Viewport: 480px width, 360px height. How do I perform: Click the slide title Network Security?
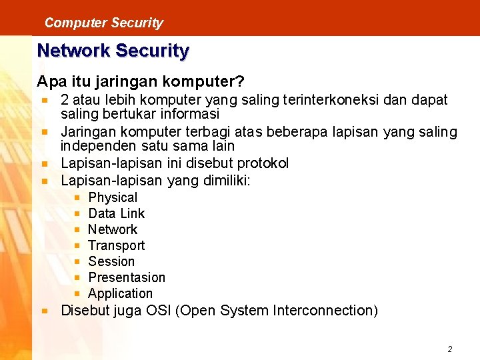tap(113, 51)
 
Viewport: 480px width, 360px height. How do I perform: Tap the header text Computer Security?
tap(103, 23)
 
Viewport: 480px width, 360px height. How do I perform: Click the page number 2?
tap(450, 349)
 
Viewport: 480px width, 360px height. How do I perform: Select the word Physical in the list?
tap(113, 197)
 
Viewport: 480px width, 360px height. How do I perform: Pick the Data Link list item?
tap(116, 213)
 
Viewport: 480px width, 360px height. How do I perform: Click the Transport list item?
tap(116, 245)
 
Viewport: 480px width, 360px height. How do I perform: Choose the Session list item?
tap(111, 261)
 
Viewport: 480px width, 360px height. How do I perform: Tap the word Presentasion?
tap(127, 277)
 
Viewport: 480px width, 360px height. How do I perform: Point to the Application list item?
tap(120, 293)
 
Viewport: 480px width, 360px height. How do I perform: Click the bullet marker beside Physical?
tap(78, 198)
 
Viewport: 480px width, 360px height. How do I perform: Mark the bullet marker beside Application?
tap(78, 294)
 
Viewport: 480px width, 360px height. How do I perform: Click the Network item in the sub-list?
tap(113, 229)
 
